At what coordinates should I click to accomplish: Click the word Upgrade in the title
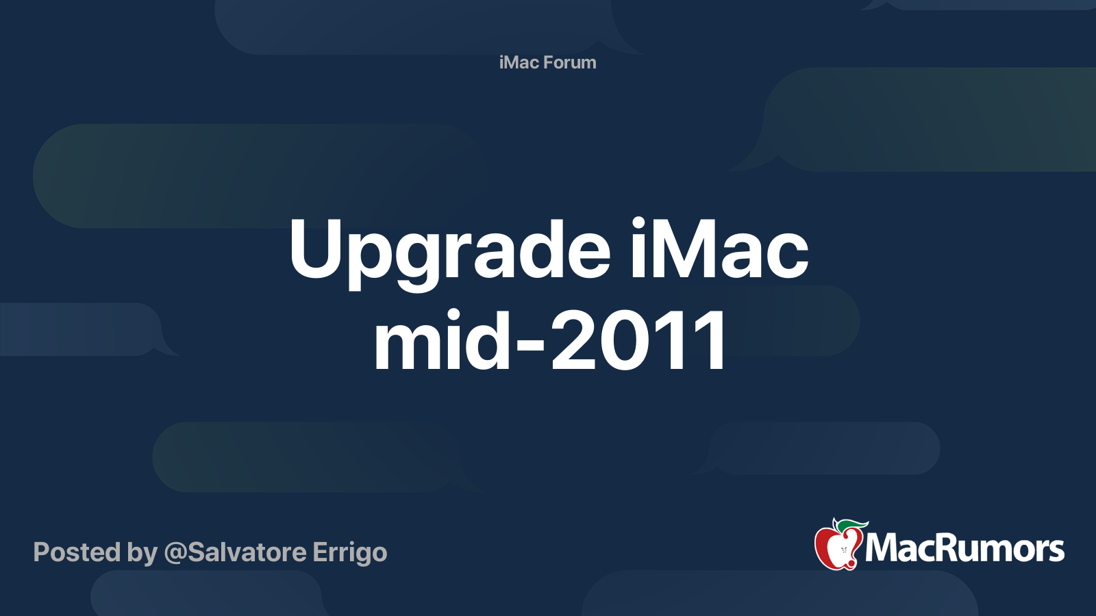tap(449, 251)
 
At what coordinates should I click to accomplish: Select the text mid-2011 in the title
tap(551, 340)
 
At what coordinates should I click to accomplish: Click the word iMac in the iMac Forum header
tap(519, 62)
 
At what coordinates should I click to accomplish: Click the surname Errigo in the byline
tap(349, 553)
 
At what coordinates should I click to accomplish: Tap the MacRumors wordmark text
tap(964, 549)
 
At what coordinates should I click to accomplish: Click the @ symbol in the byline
tap(175, 552)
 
